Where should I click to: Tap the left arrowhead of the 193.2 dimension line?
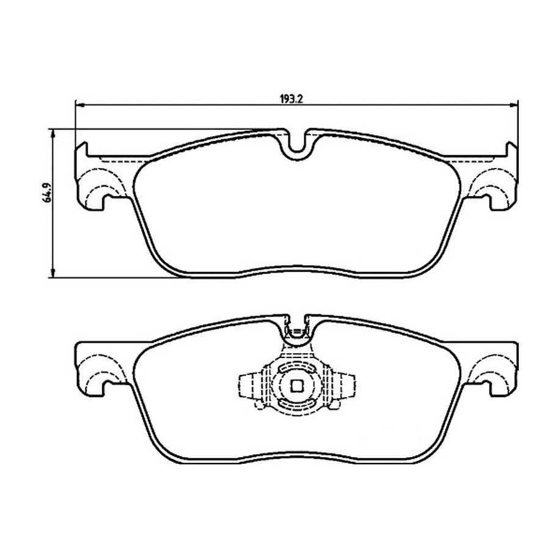point(78,104)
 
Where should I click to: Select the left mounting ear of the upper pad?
point(98,180)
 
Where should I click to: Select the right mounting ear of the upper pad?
point(495,180)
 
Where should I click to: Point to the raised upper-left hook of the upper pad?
point(82,150)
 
